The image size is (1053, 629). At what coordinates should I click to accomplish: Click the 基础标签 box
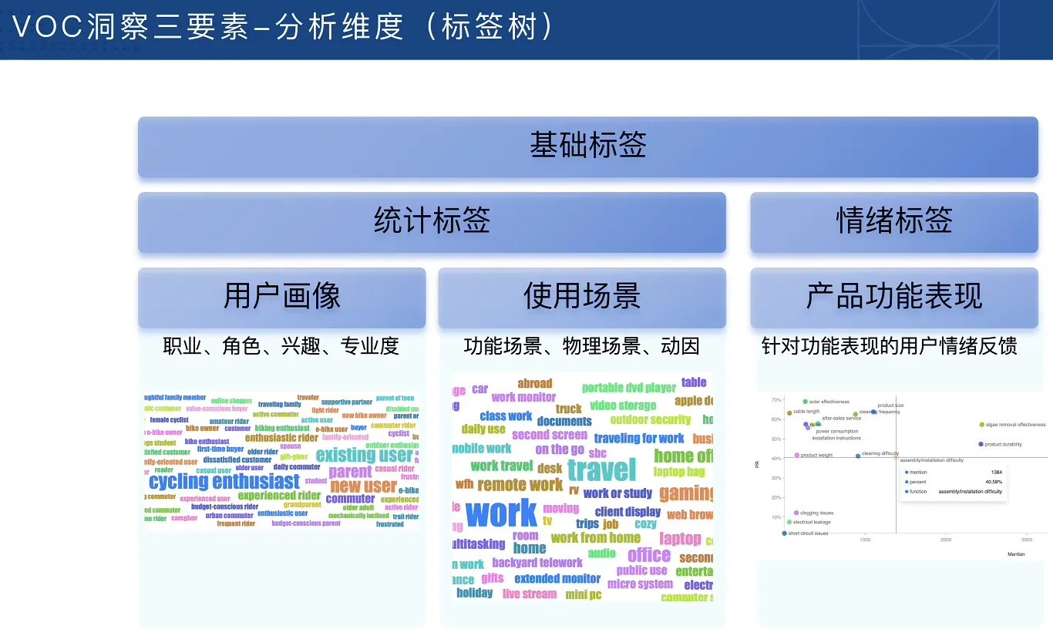587,146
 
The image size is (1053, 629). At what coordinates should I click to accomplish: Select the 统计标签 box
432,222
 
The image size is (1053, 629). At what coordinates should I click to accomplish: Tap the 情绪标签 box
893,222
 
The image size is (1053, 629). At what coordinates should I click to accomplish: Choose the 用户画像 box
281,297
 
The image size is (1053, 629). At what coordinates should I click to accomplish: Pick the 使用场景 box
581,297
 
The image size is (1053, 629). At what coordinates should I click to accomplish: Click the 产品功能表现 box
893,297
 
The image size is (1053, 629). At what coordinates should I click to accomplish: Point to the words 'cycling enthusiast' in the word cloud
224,482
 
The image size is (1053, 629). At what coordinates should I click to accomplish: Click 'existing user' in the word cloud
364,455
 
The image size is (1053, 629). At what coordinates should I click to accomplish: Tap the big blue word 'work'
501,513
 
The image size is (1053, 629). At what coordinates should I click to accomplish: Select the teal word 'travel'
601,469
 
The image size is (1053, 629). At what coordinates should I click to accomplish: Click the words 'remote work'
520,485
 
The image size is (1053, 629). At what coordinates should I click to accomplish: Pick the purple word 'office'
648,555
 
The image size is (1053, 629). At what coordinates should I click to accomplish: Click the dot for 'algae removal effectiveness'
981,425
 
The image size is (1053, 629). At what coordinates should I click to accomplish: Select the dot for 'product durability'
981,444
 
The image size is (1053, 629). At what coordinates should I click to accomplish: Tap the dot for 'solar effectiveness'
805,402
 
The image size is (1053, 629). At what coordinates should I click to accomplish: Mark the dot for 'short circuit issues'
784,533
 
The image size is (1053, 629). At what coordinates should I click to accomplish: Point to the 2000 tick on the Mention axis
946,540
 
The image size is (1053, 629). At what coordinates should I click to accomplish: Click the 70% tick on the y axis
775,400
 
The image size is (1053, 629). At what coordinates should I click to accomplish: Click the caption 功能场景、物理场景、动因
581,347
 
